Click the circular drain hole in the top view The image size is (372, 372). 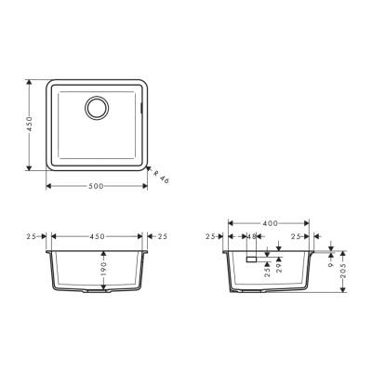coord(97,107)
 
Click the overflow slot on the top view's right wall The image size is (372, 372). coord(142,108)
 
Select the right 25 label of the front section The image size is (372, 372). coord(163,236)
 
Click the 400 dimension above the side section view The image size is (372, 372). coord(268,224)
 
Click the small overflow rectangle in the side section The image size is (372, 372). coord(249,261)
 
